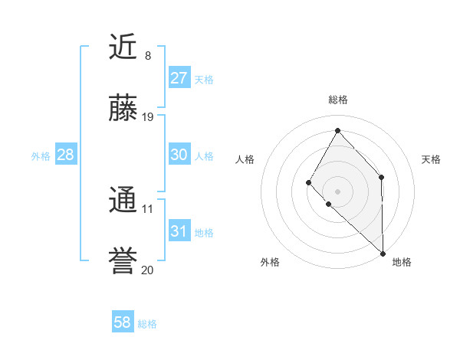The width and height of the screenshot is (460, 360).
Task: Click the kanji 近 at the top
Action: pyautogui.click(x=123, y=47)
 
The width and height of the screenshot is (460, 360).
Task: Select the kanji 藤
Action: pyautogui.click(x=123, y=109)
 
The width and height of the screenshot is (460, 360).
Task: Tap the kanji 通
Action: pyautogui.click(x=123, y=201)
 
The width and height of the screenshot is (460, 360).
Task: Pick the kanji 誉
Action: pyautogui.click(x=123, y=262)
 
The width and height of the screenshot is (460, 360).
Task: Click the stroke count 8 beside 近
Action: pyautogui.click(x=148, y=56)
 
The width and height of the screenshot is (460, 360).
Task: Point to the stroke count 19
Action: pyautogui.click(x=148, y=117)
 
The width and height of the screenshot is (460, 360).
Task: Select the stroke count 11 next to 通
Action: pyautogui.click(x=148, y=208)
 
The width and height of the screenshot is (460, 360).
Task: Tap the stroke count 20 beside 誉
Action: pyautogui.click(x=148, y=270)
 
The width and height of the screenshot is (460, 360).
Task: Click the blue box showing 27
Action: pyautogui.click(x=179, y=78)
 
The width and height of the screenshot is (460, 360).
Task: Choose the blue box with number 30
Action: pyautogui.click(x=179, y=155)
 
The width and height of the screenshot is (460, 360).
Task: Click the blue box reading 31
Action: pyautogui.click(x=179, y=231)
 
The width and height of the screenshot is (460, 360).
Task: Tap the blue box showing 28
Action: pyautogui.click(x=66, y=155)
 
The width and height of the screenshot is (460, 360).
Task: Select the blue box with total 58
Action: pyautogui.click(x=123, y=322)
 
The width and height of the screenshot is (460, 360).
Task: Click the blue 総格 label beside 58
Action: pyautogui.click(x=147, y=324)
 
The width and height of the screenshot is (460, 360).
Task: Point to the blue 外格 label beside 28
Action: pyautogui.click(x=41, y=156)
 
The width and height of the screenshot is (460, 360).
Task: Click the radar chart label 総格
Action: pyautogui.click(x=338, y=100)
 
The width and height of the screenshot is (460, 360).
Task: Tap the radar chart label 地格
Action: pyautogui.click(x=402, y=262)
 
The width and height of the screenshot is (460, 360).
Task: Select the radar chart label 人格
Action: pyautogui.click(x=245, y=159)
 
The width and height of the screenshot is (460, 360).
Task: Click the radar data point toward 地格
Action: pyautogui.click(x=383, y=253)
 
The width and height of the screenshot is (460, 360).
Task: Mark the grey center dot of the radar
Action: pyautogui.click(x=338, y=191)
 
